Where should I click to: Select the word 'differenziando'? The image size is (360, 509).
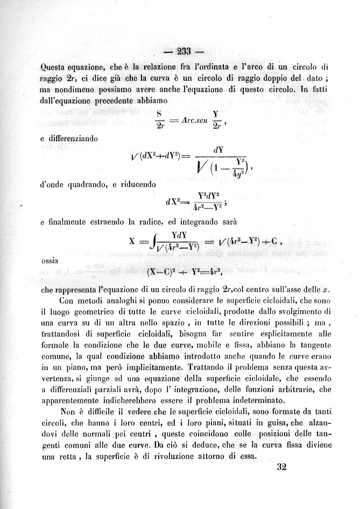tap(69, 139)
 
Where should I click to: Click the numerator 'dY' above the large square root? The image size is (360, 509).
tap(219, 150)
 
